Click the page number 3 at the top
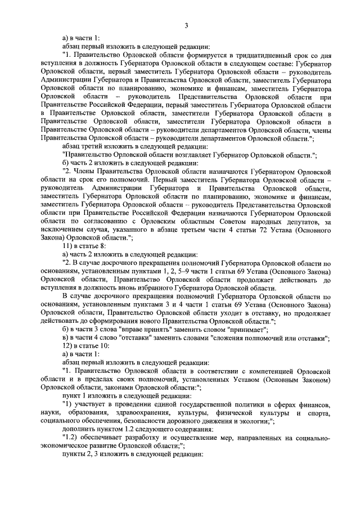185,25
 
